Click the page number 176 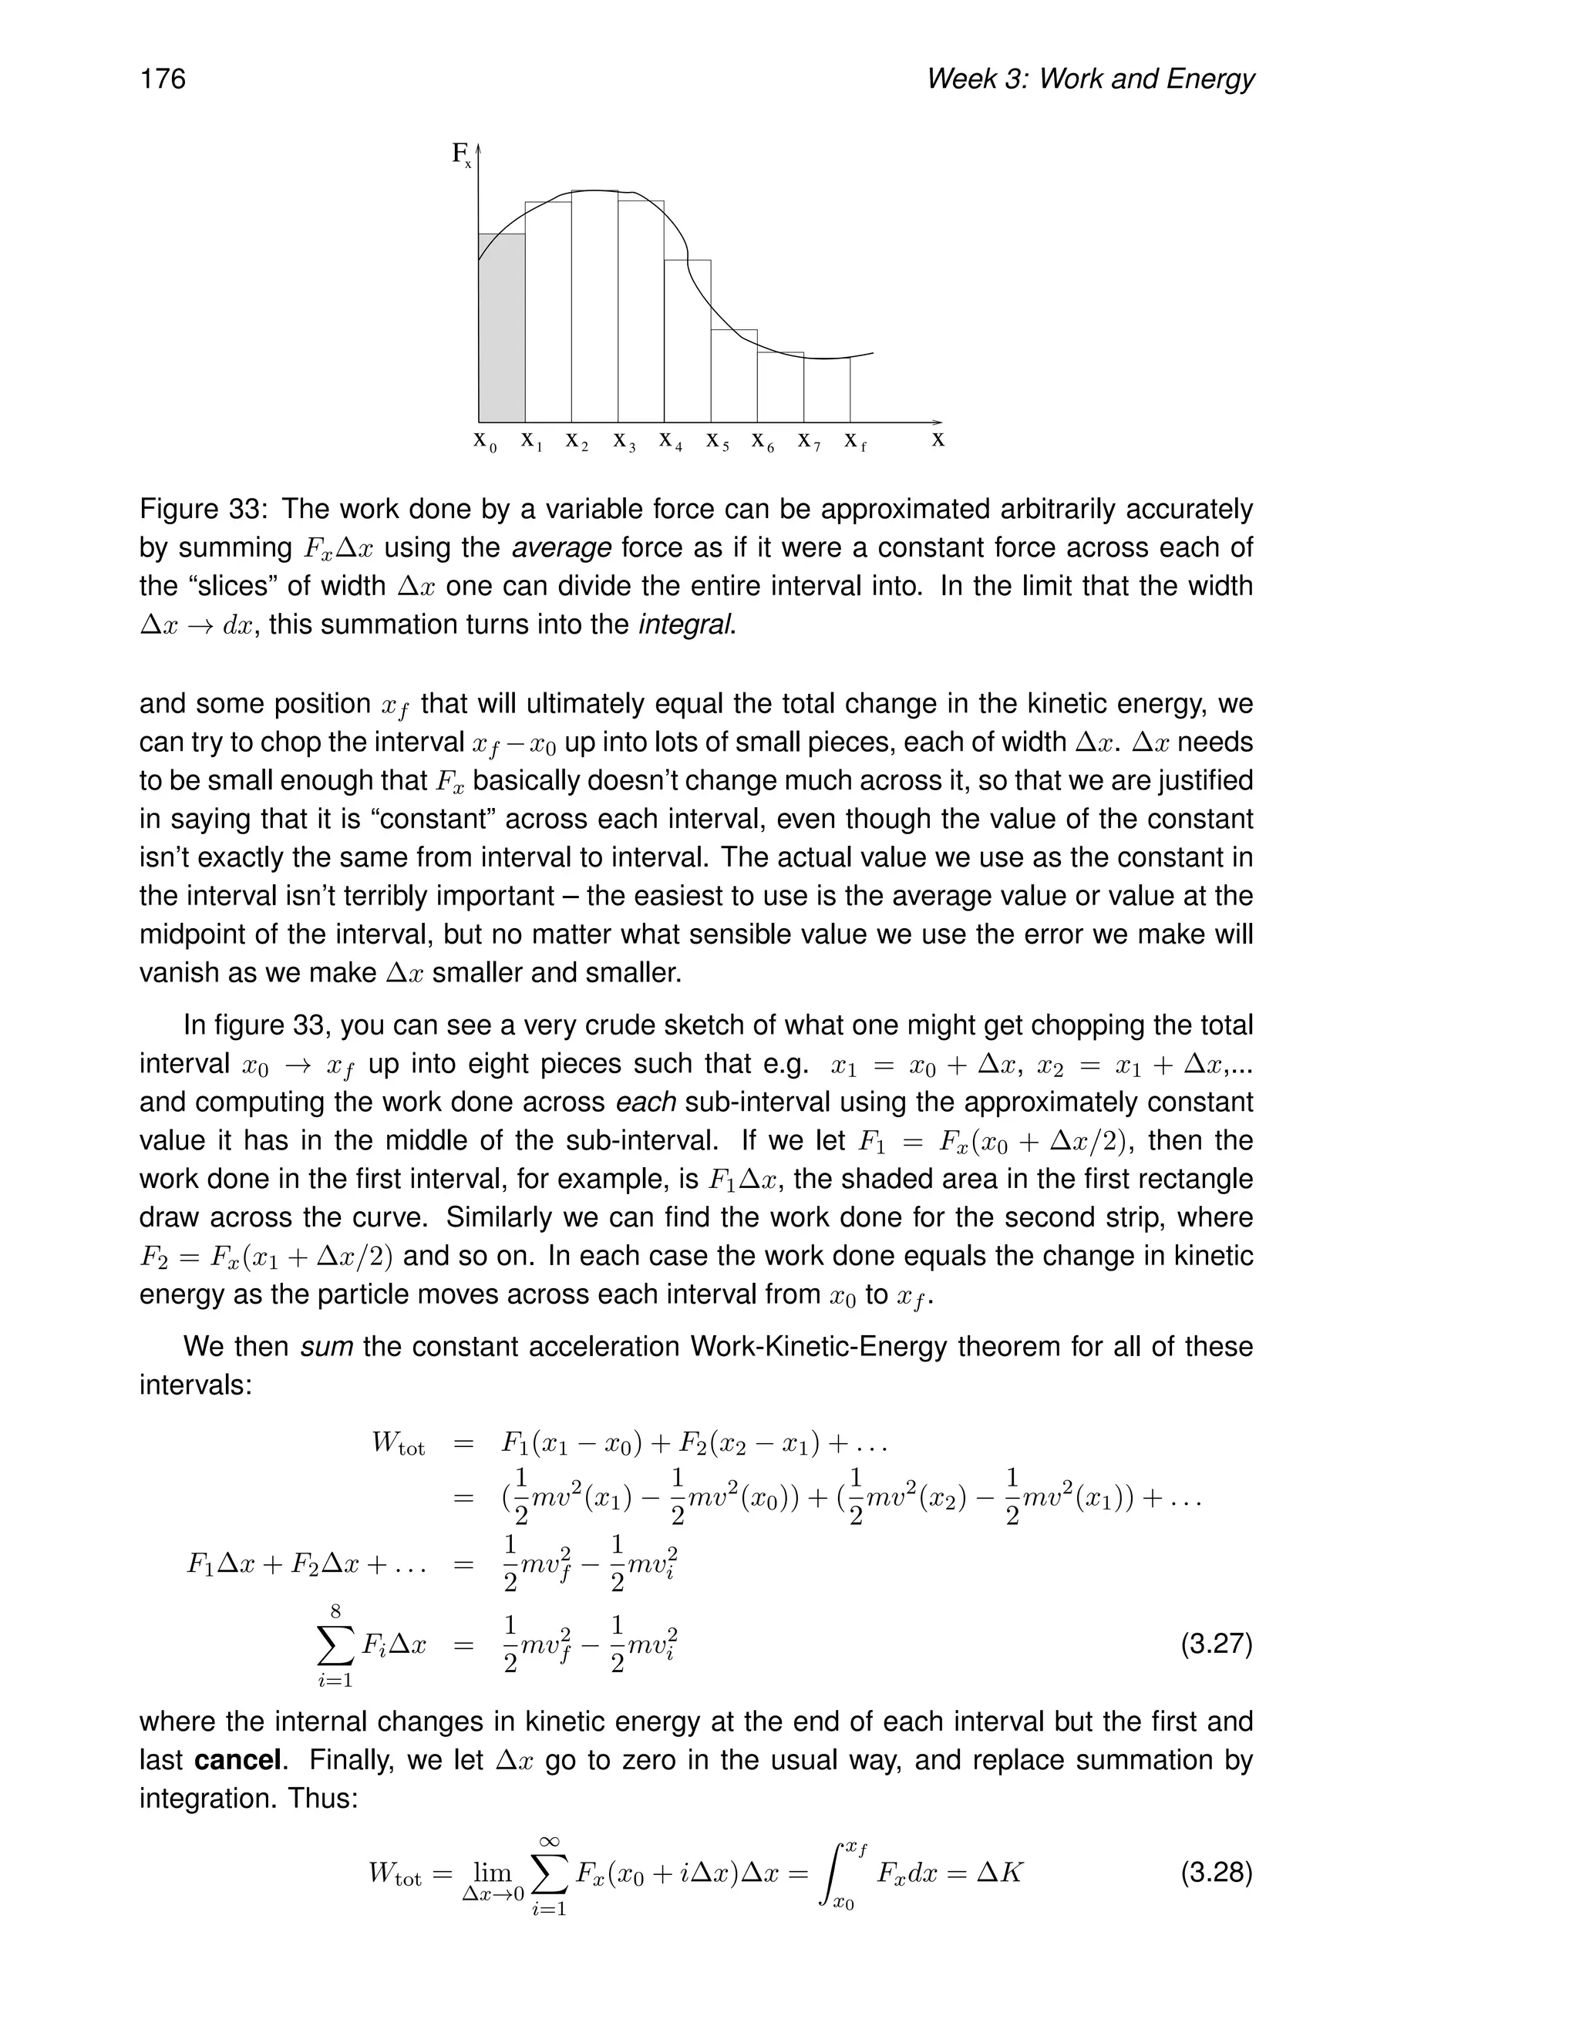tap(163, 79)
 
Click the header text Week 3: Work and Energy tap(1089, 79)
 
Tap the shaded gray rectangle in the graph tap(501, 328)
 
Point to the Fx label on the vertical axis tap(461, 154)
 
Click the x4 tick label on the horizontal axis tap(671, 440)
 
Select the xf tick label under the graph tap(855, 440)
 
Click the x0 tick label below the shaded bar tap(484, 440)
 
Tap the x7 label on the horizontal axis tap(809, 440)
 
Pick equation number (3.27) tap(1215, 1644)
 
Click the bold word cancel tap(238, 1761)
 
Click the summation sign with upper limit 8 tap(335, 1645)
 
